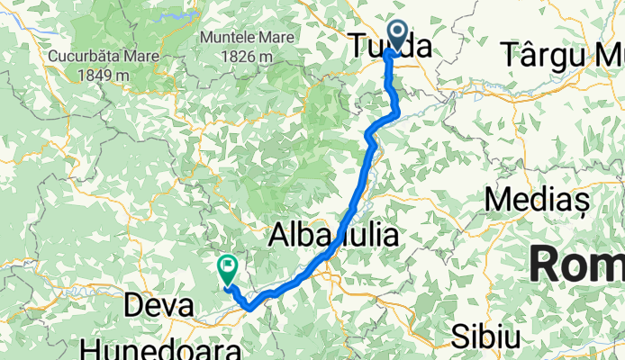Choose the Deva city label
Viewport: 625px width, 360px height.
tap(157, 307)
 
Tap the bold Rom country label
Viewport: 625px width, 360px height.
tap(576, 265)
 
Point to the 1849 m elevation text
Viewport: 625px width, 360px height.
tap(99, 74)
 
